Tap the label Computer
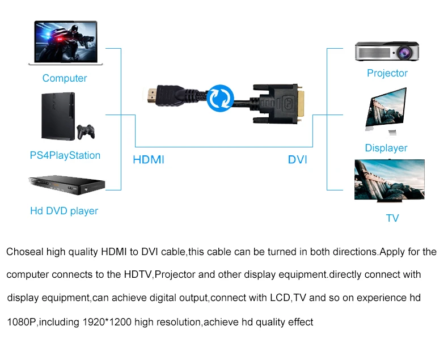65,78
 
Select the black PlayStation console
57,117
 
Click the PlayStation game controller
86,132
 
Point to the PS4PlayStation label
65,155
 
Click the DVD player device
62,185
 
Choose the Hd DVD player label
64,211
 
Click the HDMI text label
149,160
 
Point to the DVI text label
297,160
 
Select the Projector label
387,73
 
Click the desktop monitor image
386,111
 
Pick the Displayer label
386,148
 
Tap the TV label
392,218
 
